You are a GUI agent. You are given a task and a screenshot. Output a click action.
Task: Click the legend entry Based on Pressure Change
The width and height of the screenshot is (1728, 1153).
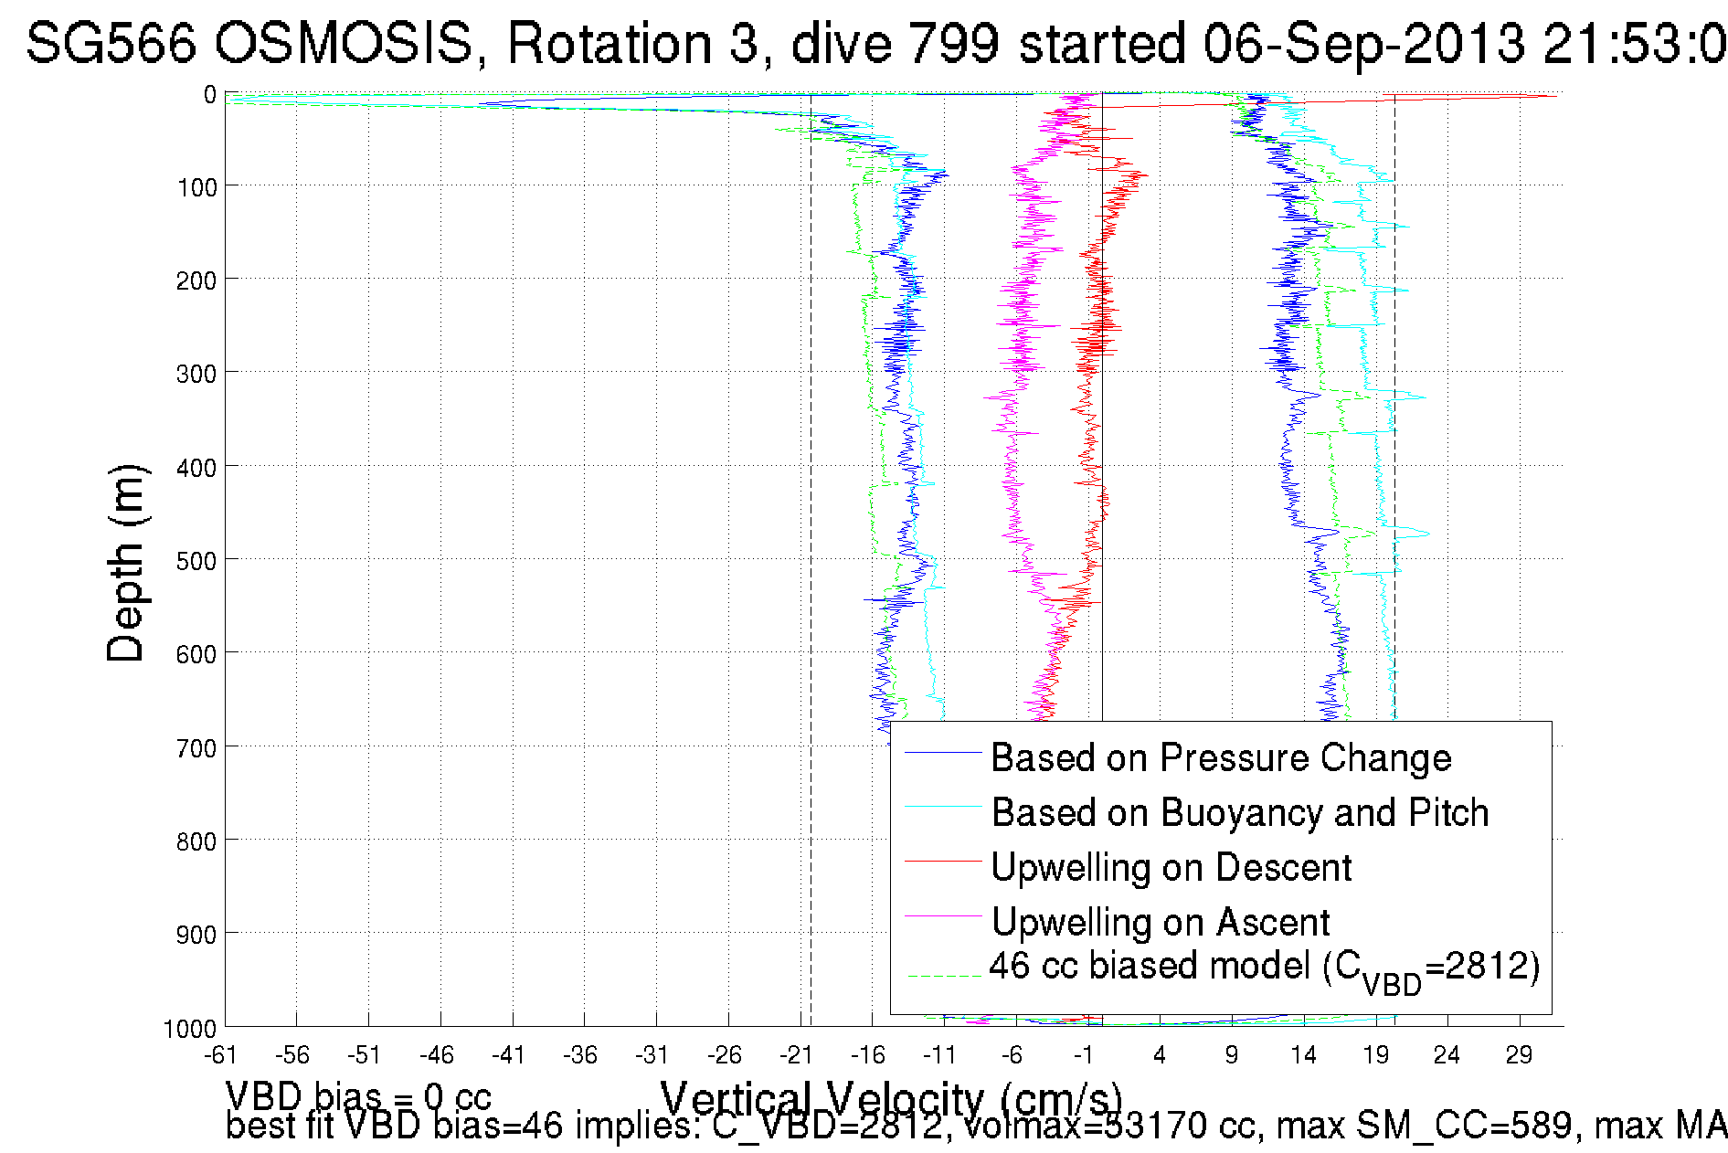[1221, 758]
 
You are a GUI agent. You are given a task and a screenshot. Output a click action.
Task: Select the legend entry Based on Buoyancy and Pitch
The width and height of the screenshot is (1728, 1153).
[1240, 813]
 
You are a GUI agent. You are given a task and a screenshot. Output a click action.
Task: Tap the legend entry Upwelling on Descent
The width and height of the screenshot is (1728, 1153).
[1171, 868]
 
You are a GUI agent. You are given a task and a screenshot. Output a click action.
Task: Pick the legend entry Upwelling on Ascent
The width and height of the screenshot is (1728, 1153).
[1161, 923]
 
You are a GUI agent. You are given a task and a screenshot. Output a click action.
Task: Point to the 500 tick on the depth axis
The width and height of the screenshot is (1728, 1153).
[196, 561]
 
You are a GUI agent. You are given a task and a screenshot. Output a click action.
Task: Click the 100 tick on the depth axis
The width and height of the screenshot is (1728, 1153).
[196, 188]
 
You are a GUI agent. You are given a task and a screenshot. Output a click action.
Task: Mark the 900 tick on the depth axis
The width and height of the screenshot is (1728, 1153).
[196, 935]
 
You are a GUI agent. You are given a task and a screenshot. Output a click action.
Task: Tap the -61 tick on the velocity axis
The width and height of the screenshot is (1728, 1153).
[220, 1056]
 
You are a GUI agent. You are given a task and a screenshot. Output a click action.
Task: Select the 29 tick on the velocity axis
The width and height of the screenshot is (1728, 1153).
[1519, 1056]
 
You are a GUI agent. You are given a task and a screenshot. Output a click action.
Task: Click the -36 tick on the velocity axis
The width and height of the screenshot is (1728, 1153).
[580, 1056]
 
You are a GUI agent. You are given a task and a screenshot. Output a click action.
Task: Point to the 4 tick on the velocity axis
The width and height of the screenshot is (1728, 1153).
[1160, 1056]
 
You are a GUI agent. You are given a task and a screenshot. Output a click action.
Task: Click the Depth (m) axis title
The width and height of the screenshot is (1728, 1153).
[125, 563]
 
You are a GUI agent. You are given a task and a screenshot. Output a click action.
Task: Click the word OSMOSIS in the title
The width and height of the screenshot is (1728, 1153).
[345, 43]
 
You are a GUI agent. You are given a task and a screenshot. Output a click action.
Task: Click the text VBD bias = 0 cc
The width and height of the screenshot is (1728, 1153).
[358, 1096]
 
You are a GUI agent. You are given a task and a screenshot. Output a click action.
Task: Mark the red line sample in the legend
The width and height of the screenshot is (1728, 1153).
[942, 861]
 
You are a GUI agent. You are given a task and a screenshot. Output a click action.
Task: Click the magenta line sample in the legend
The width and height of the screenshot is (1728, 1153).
[942, 915]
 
